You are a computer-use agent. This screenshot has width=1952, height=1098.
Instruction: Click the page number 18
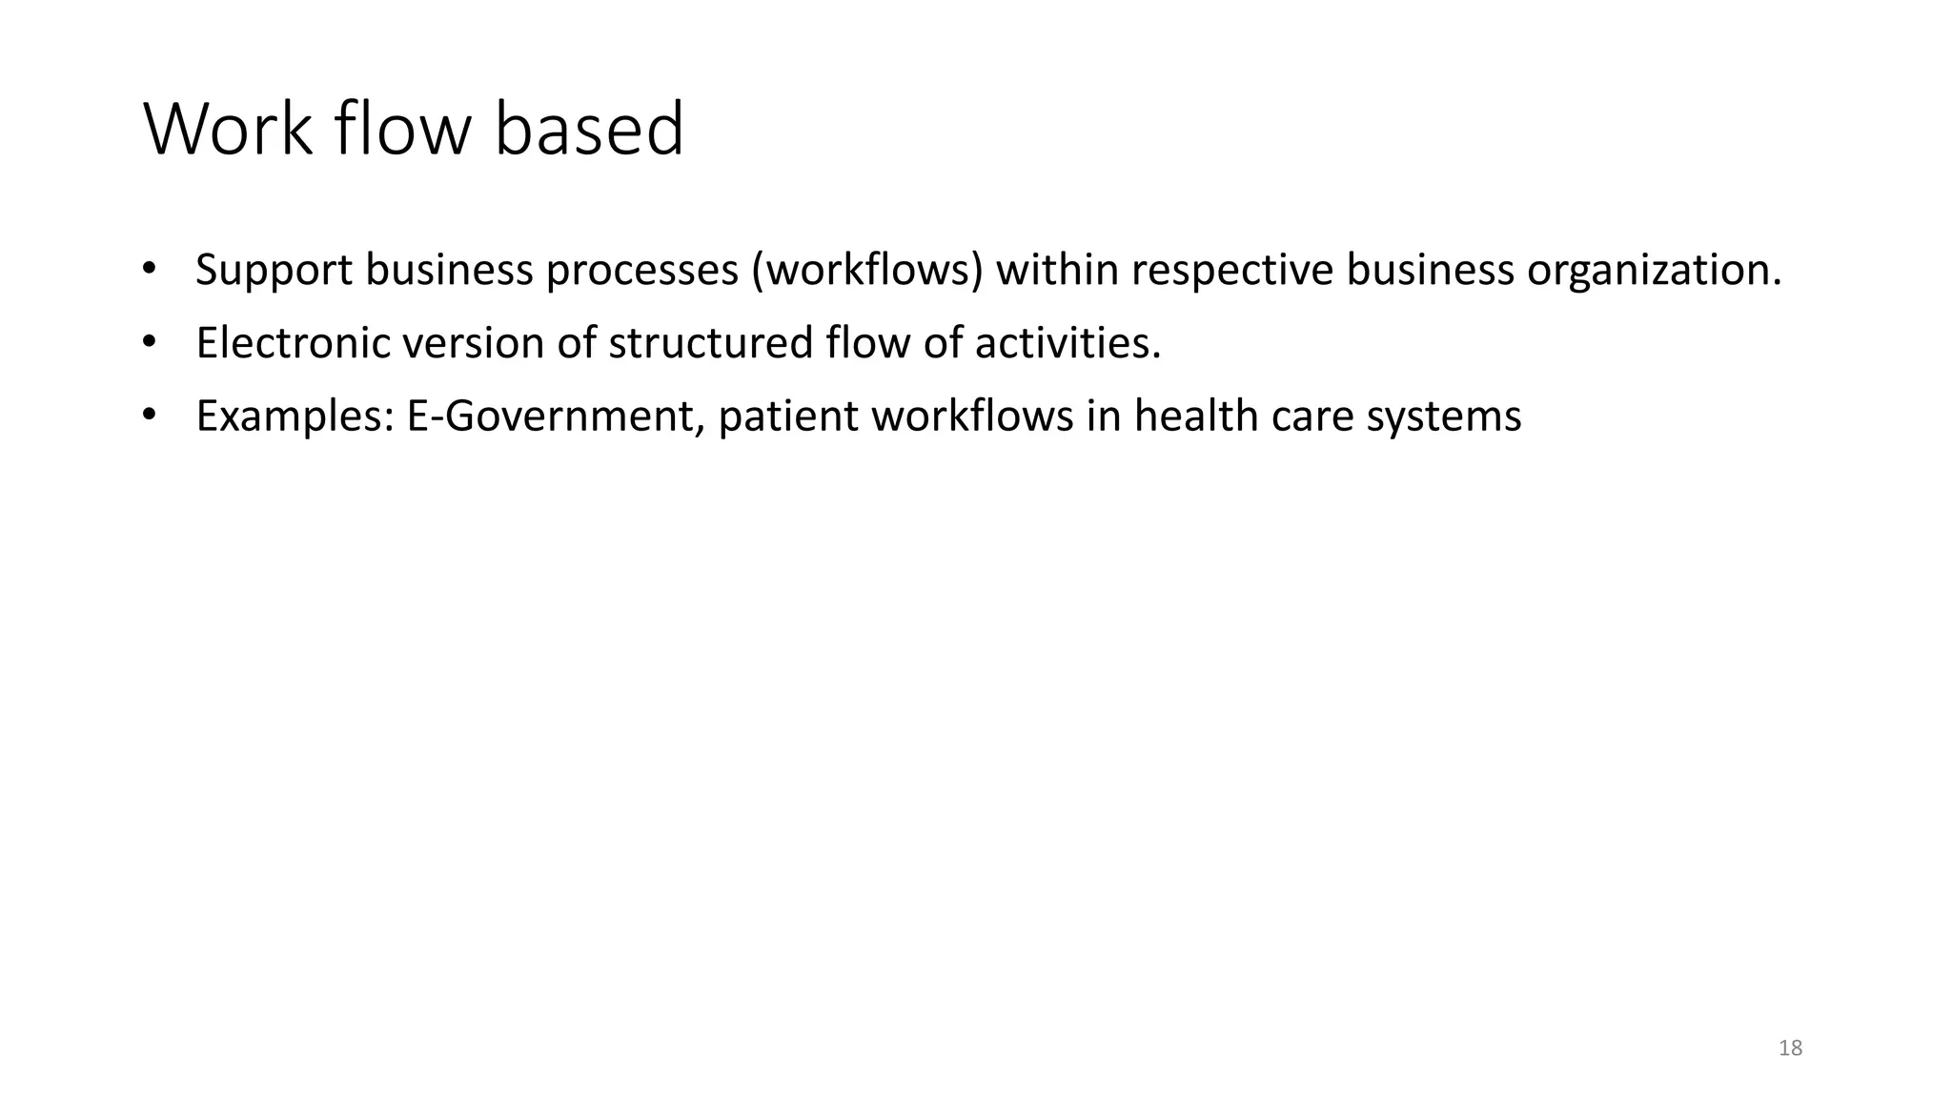coord(1790,1048)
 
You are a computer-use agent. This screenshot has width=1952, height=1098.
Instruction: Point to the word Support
coord(274,271)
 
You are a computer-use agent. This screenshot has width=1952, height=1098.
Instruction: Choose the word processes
coord(641,271)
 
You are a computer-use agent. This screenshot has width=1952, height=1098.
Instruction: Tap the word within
coord(1057,271)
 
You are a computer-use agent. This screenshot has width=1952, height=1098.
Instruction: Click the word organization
coord(1654,271)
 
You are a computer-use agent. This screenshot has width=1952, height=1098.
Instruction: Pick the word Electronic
coord(293,343)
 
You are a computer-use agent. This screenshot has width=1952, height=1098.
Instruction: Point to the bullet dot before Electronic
coord(148,340)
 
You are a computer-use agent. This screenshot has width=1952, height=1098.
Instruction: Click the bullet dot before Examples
coord(148,414)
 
